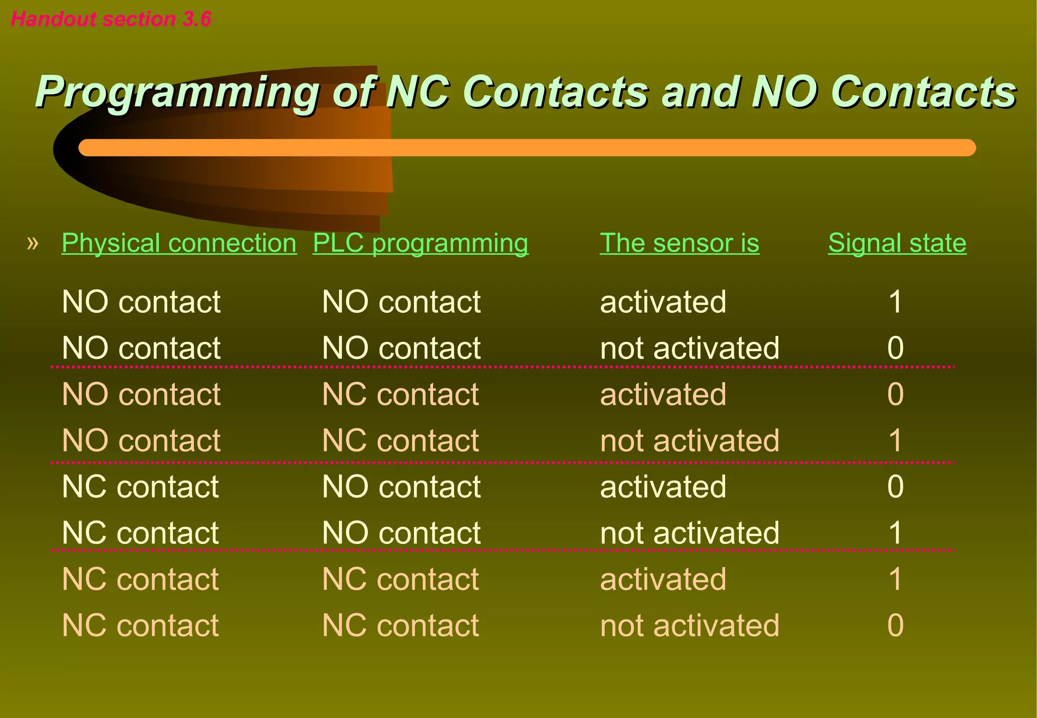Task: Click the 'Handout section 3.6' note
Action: pos(111,19)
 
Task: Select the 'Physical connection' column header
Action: pos(179,243)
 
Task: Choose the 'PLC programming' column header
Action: pos(420,243)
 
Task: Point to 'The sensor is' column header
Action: pos(680,243)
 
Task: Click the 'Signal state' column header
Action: pos(897,243)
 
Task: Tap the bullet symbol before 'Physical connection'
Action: pos(32,243)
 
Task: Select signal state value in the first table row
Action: pos(895,302)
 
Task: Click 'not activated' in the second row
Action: pos(689,348)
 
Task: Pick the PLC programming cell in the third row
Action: pos(400,394)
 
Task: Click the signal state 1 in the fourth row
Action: pos(895,441)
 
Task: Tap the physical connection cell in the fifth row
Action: pos(140,487)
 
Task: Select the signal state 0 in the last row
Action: pos(895,625)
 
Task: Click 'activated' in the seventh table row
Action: pos(663,579)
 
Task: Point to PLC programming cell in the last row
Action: pos(400,625)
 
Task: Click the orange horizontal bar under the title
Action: pos(527,148)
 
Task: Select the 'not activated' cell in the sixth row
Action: pos(689,533)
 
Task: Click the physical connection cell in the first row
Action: pos(141,302)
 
